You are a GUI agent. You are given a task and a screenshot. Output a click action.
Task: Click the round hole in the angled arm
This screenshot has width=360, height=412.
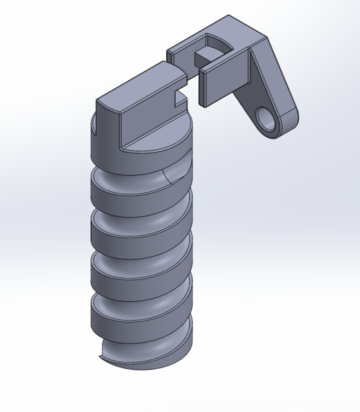pos(265,117)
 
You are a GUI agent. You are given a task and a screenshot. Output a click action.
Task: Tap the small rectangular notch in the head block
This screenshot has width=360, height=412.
pos(178,97)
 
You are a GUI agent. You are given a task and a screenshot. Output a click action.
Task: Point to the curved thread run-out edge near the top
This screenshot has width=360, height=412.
pos(166,176)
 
